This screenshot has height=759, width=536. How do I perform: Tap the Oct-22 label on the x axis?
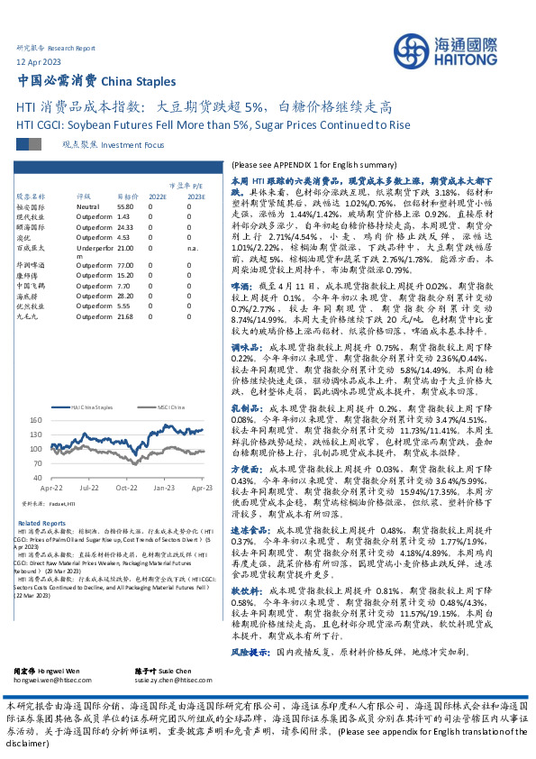click(126, 487)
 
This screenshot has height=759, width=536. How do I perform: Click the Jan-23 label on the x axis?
click(163, 487)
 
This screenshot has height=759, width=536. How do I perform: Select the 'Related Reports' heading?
click(41, 523)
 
